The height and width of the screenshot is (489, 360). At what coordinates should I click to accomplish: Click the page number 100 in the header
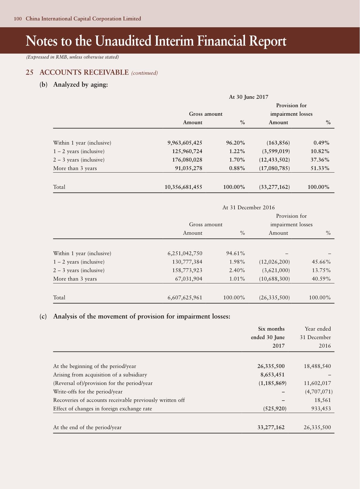click(18, 19)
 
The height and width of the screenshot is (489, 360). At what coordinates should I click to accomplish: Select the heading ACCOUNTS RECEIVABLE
click(84, 72)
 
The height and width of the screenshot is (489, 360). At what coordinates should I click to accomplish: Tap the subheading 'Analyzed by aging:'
click(80, 85)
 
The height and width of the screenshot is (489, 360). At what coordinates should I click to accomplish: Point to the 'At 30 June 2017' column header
click(249, 97)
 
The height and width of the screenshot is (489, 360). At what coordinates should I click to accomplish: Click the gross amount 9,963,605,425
click(185, 143)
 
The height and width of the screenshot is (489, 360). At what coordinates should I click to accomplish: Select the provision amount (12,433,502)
click(274, 160)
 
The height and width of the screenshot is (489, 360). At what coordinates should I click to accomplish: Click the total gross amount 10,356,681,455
click(183, 187)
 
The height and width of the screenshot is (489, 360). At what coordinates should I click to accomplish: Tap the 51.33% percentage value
click(320, 168)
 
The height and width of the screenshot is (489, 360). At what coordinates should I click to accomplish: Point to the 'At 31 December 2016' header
click(249, 207)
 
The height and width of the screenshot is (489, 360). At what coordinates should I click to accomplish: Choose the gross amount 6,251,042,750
click(185, 253)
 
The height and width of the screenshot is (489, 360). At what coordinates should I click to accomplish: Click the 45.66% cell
click(321, 262)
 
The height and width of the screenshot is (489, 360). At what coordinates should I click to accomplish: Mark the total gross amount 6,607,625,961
click(185, 298)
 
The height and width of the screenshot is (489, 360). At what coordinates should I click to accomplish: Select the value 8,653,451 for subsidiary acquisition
click(270, 375)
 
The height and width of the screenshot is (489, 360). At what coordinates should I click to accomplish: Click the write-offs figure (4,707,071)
click(319, 392)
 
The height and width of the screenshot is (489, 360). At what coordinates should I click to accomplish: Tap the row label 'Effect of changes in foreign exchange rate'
click(103, 409)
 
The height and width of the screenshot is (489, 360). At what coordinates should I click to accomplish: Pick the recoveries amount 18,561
click(322, 400)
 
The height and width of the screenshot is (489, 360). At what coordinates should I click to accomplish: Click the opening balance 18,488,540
click(317, 366)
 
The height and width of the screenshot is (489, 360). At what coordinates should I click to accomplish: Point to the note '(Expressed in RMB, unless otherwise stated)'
click(72, 57)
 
